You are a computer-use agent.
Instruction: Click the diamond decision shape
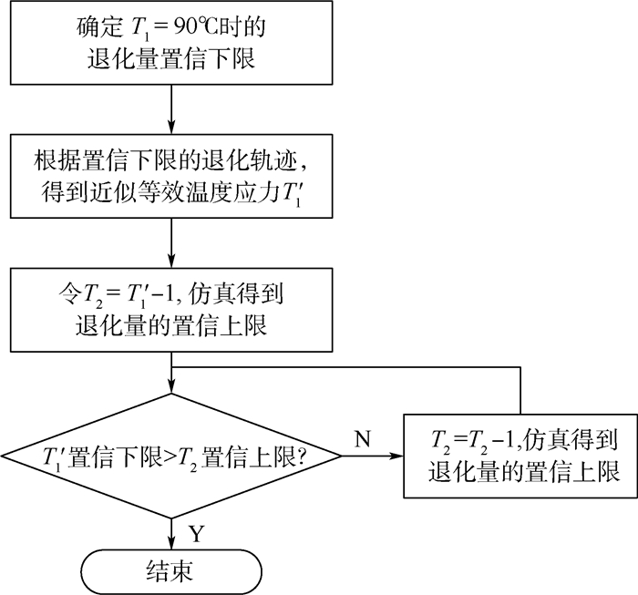(172, 455)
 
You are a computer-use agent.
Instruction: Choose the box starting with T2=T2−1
(520, 455)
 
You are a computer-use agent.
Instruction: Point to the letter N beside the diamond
(362, 439)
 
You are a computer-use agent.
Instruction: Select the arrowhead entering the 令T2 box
(172, 262)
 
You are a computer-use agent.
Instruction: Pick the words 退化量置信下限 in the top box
(172, 61)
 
